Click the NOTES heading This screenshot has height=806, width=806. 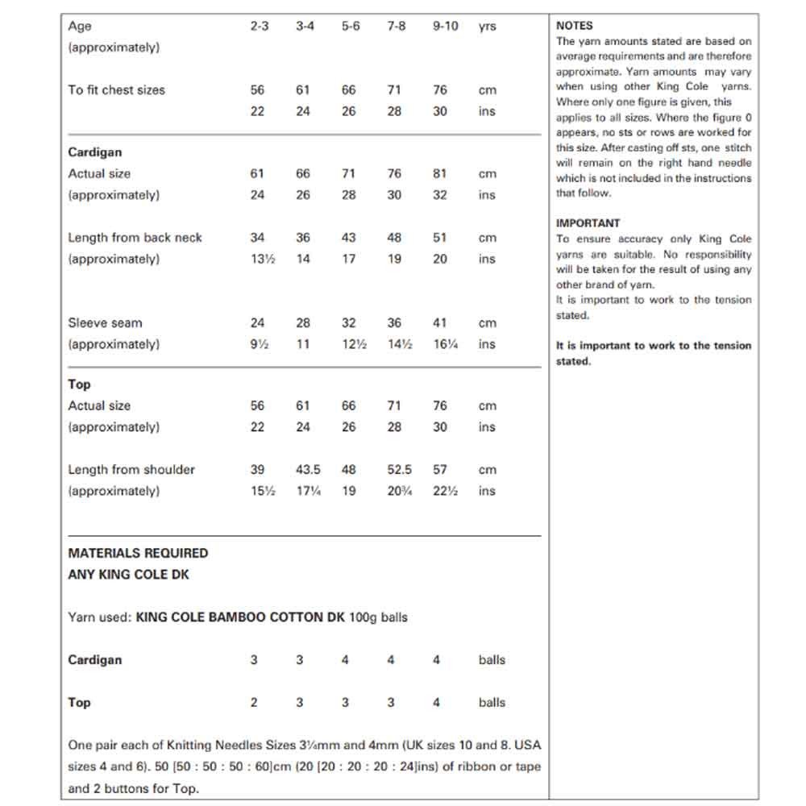(574, 26)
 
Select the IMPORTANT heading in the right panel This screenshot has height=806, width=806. (588, 223)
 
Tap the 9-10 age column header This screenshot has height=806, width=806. (445, 26)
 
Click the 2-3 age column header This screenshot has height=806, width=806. (259, 26)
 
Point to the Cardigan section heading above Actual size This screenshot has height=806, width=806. (95, 152)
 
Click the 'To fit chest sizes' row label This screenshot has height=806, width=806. (116, 89)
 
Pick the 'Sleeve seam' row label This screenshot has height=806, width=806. (105, 323)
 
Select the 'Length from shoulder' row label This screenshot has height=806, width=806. (131, 470)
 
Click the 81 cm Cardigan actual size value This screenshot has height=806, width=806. (440, 173)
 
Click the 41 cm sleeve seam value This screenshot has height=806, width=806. (440, 323)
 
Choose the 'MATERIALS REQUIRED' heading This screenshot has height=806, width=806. (138, 553)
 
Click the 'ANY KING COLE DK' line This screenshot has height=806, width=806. (129, 575)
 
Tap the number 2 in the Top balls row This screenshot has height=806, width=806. (254, 702)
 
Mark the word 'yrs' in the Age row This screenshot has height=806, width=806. (488, 26)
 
